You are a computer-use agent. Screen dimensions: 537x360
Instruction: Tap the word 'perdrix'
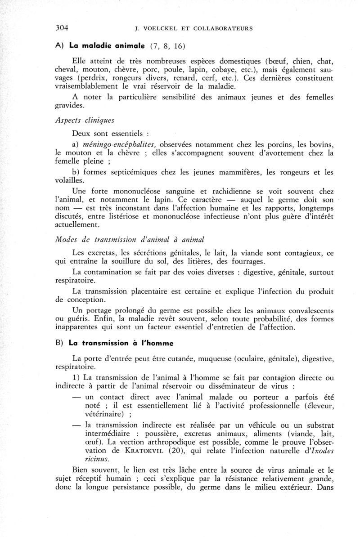click(x=96, y=78)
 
